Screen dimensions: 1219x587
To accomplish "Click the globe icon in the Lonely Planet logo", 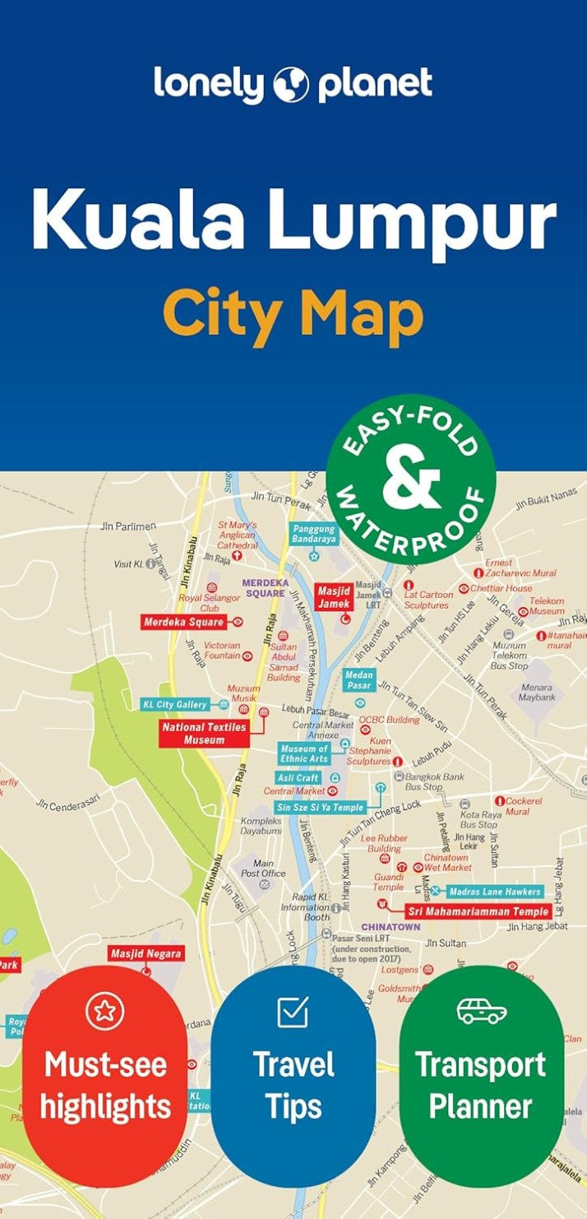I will point(291,85).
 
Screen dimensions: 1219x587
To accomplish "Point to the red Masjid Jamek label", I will point(334,596).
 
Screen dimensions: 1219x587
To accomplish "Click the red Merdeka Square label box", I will point(184,622).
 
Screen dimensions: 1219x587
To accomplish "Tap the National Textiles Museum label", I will point(204,734).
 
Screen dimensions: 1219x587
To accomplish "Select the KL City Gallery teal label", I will point(175,705).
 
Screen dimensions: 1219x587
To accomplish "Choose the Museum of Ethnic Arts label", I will point(304,753).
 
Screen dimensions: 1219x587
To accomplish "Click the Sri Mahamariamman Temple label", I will point(478,911).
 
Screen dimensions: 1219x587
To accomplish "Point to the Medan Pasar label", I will point(358,680).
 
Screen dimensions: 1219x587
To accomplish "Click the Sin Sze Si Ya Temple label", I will point(320,808).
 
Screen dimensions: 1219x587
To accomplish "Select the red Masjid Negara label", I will point(146,954).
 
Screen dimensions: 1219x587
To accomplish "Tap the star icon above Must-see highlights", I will point(104,1012).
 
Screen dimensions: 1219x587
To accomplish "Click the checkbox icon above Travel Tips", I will point(293,1012).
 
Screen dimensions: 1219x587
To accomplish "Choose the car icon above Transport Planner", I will point(482,1011).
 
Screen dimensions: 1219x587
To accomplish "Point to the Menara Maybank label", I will point(537,692).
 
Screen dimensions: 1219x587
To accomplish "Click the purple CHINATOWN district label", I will point(391,927).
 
